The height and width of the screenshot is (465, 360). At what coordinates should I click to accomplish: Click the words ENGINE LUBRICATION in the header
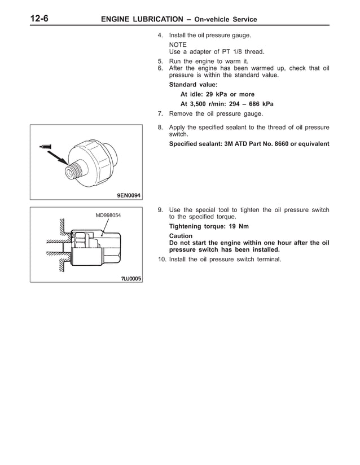pyautogui.click(x=141, y=19)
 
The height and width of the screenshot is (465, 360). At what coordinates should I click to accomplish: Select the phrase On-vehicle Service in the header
pyautogui.click(x=225, y=19)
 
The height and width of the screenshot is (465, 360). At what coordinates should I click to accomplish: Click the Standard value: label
pyautogui.click(x=193, y=85)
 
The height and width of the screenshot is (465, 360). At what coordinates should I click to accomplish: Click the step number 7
pyautogui.click(x=160, y=113)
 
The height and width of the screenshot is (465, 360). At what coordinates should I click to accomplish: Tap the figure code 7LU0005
pyautogui.click(x=129, y=278)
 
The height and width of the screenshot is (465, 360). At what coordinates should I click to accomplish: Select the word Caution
pyautogui.click(x=181, y=236)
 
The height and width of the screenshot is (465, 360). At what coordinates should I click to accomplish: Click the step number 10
pyautogui.click(x=161, y=260)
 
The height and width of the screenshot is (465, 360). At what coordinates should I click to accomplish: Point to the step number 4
pyautogui.click(x=160, y=36)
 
